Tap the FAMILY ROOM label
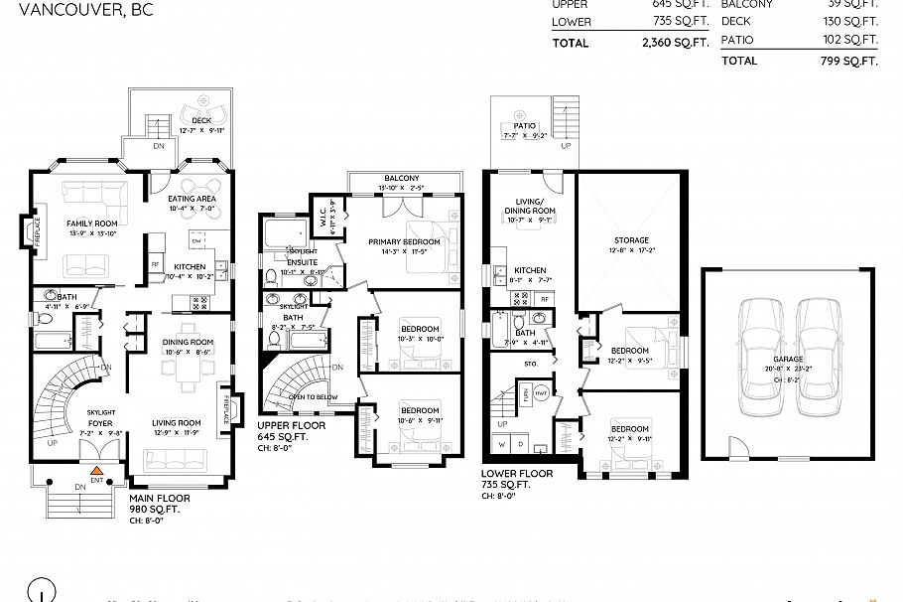point(91,224)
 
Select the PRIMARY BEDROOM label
point(402,241)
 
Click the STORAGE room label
point(631,240)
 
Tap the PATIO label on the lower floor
point(525,126)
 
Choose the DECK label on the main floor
point(201,120)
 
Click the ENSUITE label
point(302,261)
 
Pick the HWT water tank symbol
point(541,394)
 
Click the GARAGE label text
point(788,360)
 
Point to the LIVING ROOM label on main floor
point(176,422)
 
